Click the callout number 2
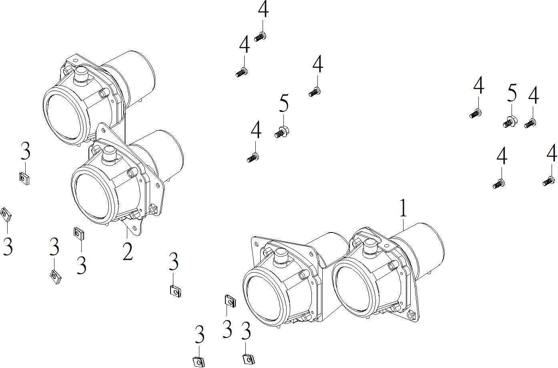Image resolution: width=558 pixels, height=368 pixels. click(128, 251)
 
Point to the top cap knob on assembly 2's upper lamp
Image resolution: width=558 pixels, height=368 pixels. click(81, 74)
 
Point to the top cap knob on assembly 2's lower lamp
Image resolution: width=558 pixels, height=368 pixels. click(109, 154)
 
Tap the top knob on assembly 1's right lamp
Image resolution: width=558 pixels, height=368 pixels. click(370, 245)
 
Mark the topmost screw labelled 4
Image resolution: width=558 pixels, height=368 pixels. click(261, 37)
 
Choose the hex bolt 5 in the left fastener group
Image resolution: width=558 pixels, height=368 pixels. click(282, 131)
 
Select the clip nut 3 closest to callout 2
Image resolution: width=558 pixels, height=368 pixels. click(79, 233)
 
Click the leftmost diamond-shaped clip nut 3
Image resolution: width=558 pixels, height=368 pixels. click(6, 214)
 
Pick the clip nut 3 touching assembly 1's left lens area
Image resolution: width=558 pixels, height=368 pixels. click(229, 301)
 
